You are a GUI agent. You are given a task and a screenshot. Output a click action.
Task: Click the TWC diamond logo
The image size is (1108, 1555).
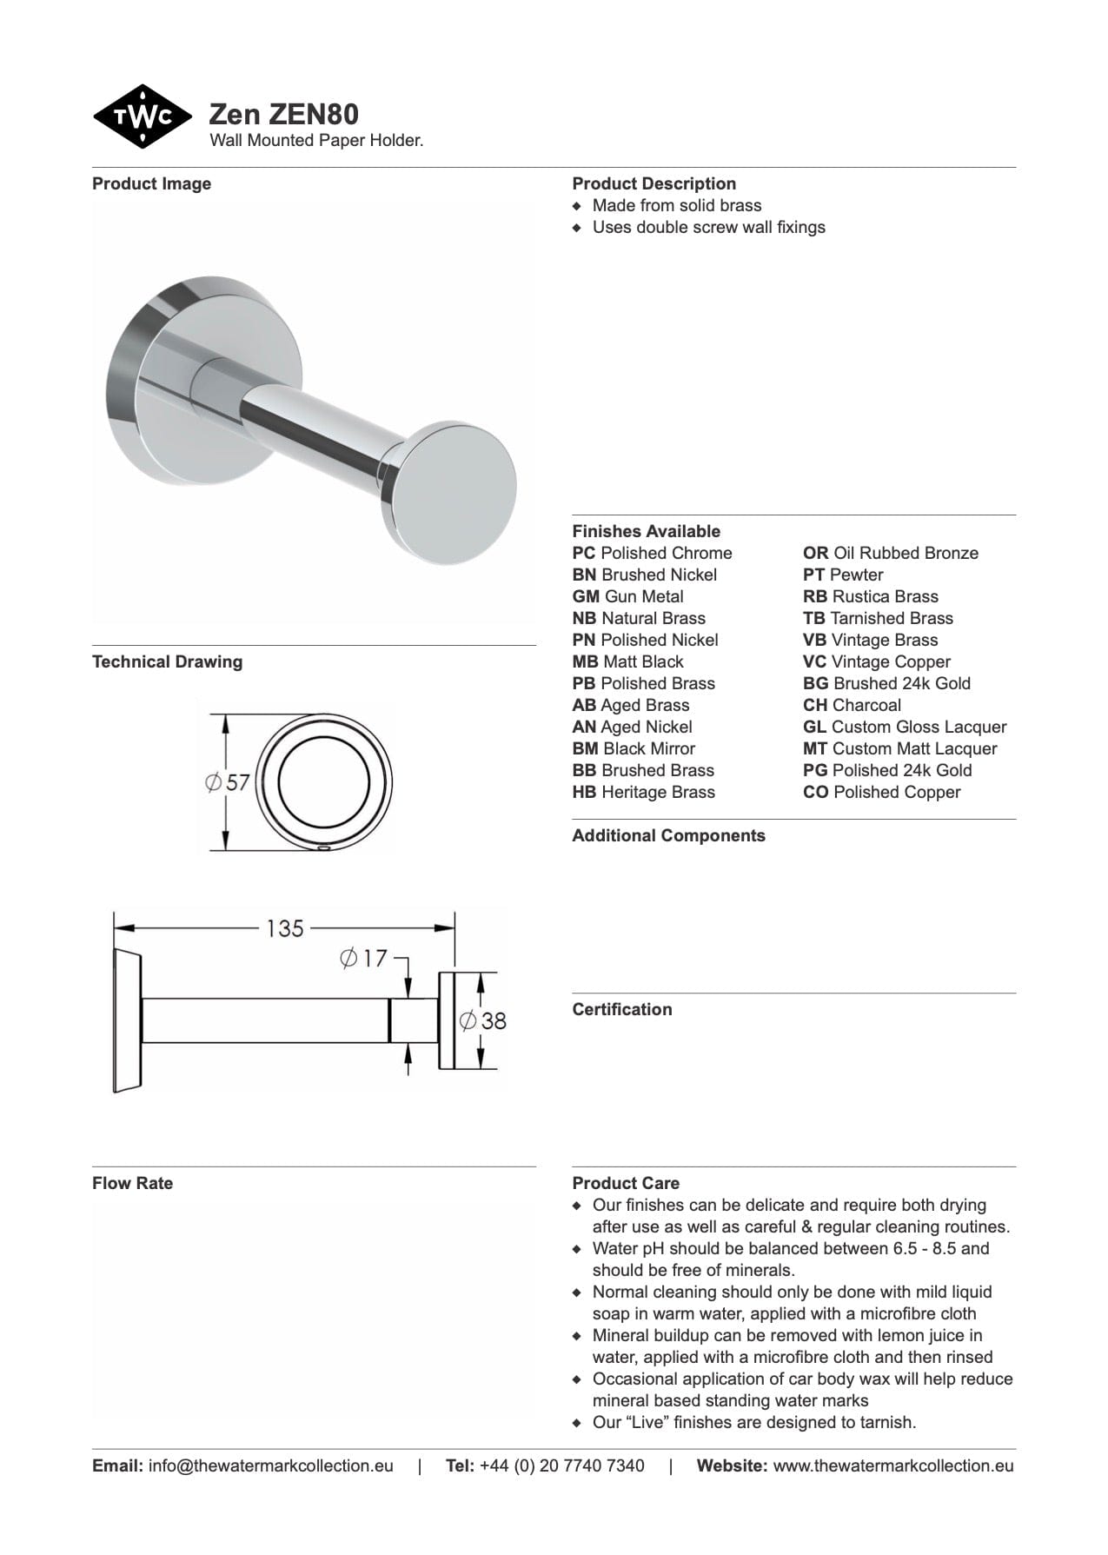click(143, 116)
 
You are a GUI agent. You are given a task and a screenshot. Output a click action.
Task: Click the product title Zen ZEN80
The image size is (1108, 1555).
click(283, 114)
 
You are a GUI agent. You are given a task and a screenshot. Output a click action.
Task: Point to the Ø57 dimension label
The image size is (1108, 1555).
click(229, 782)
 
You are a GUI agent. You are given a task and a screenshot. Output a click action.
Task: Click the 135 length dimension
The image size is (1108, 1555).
click(285, 929)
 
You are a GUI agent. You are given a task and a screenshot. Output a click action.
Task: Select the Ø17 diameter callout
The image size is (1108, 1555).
click(363, 959)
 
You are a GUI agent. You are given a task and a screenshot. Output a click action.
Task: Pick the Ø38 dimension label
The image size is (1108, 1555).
click(483, 1020)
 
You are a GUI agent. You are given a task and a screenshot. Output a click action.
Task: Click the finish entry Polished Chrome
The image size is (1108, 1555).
click(652, 553)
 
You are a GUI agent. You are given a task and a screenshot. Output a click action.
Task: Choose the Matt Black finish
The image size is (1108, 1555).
click(627, 661)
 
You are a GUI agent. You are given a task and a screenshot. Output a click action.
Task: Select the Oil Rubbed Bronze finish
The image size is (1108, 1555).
click(890, 553)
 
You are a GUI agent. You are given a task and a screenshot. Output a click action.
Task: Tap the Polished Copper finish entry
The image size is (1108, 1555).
click(881, 792)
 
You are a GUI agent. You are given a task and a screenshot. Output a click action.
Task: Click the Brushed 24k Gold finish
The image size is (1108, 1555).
click(886, 683)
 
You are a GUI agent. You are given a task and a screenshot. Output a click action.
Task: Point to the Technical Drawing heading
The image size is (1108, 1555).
click(167, 661)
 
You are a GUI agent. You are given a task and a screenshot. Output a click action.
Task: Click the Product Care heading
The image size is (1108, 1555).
click(626, 1183)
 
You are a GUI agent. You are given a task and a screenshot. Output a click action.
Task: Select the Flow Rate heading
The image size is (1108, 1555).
click(132, 1183)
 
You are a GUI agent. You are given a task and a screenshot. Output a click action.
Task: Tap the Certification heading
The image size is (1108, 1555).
click(621, 1009)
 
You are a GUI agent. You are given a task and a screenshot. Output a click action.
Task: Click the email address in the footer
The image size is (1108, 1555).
click(270, 1465)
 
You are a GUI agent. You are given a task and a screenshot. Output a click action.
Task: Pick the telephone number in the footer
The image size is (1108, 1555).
click(561, 1465)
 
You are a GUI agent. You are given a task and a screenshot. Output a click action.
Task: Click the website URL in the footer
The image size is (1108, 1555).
click(892, 1465)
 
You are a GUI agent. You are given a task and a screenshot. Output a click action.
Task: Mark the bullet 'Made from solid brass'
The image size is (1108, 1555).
click(676, 205)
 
